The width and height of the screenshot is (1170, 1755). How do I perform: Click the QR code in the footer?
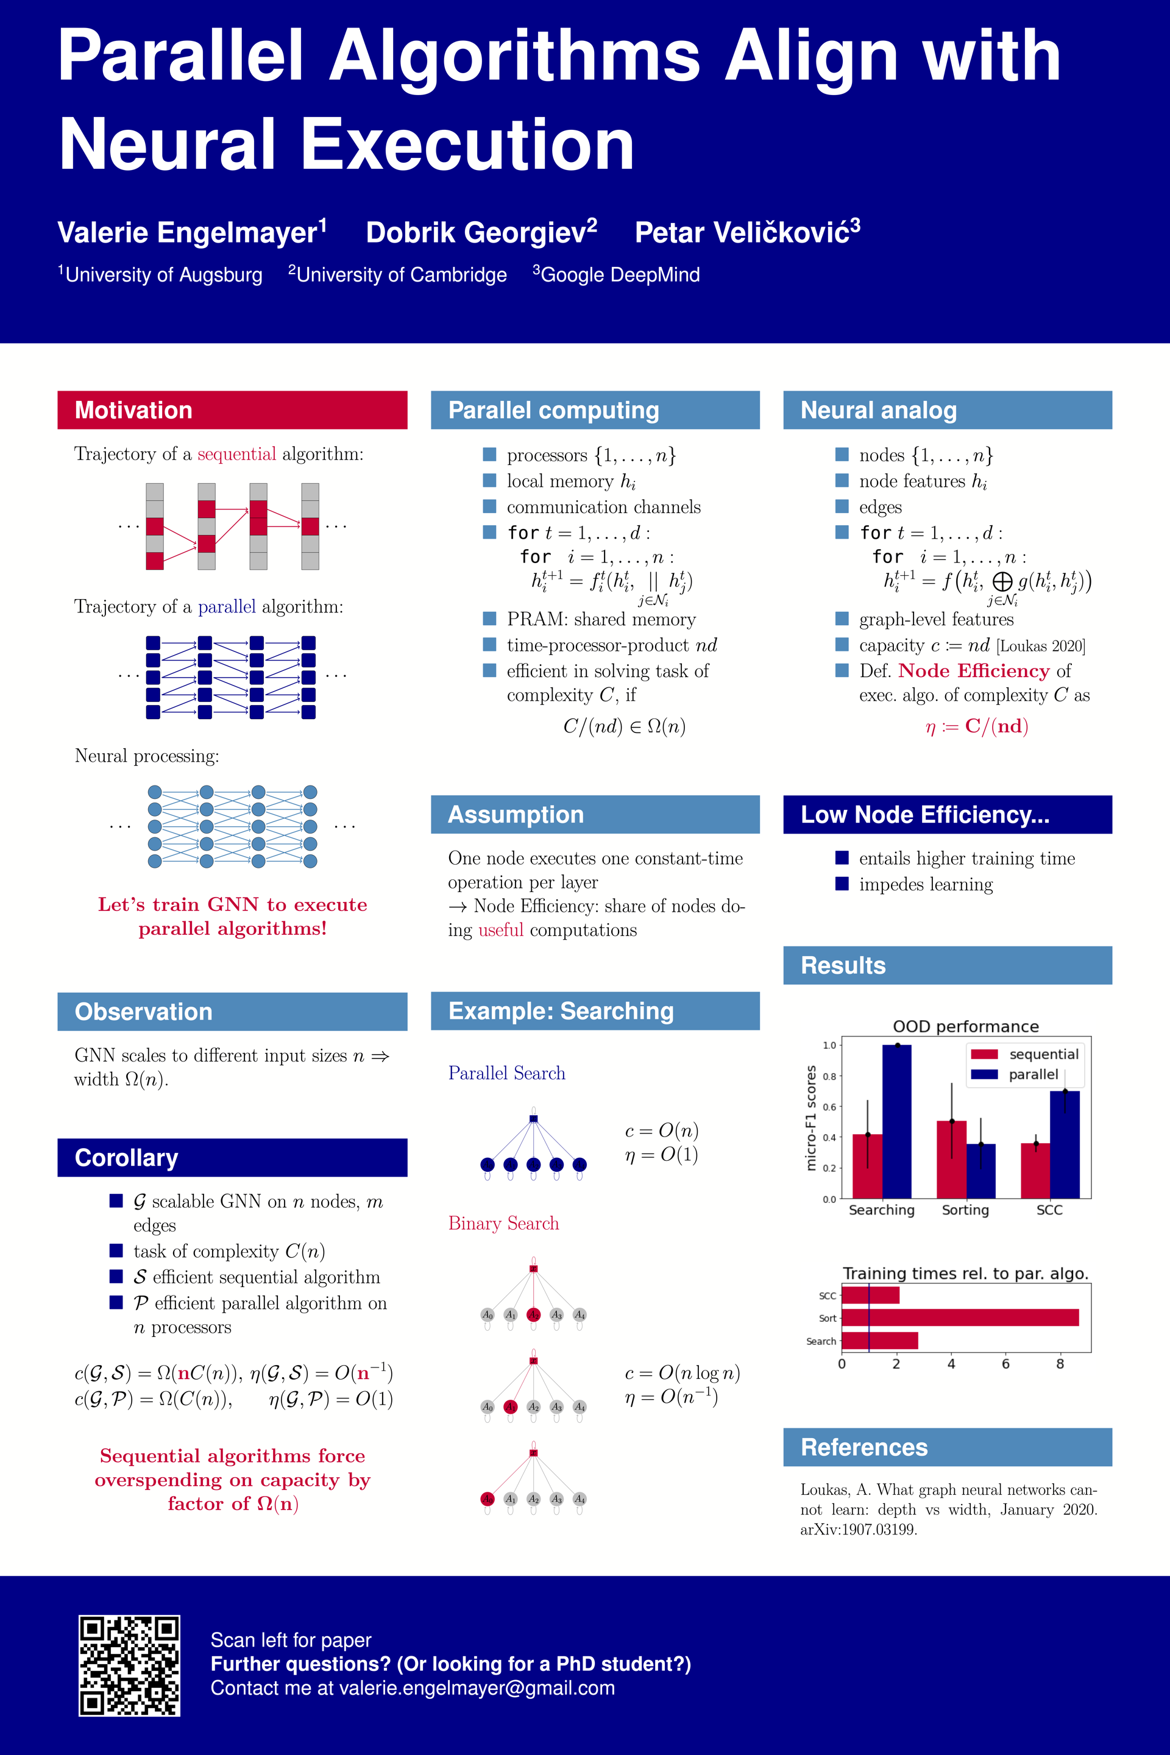point(129,1665)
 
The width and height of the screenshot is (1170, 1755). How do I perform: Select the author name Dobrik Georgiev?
point(481,232)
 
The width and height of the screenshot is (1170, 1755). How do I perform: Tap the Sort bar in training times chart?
point(960,1317)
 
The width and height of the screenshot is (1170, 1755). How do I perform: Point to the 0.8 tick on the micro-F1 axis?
point(829,1076)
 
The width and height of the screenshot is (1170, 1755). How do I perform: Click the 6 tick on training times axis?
point(1005,1364)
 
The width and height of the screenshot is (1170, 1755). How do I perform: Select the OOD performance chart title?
point(965,1026)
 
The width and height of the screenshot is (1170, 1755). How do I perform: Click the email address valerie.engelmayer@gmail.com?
point(477,1688)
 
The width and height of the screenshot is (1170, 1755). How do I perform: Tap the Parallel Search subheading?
point(506,1073)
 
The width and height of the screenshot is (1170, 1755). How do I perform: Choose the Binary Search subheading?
point(504,1223)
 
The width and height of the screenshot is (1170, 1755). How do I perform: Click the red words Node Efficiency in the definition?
point(973,671)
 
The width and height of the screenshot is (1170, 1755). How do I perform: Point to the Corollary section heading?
point(127,1157)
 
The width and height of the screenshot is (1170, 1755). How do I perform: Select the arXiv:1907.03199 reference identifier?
point(858,1529)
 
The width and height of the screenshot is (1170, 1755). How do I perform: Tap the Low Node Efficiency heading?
point(924,814)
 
